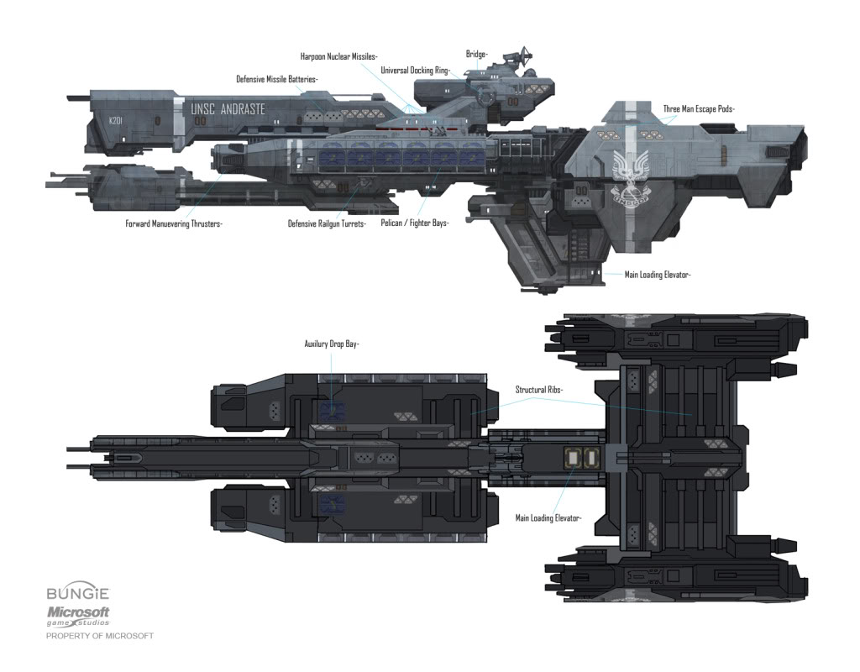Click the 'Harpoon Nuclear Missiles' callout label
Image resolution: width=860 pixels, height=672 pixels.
pyautogui.click(x=338, y=56)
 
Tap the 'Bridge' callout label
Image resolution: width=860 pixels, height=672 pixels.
pyautogui.click(x=476, y=55)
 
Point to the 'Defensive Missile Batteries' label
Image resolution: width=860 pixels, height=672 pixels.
pyautogui.click(x=276, y=79)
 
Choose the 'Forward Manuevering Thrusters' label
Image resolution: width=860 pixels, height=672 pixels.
pyautogui.click(x=179, y=223)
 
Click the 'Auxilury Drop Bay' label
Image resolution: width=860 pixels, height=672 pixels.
pyautogui.click(x=332, y=344)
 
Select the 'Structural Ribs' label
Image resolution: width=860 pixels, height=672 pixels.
pyautogui.click(x=538, y=391)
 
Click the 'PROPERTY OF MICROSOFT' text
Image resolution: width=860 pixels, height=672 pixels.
pyautogui.click(x=100, y=636)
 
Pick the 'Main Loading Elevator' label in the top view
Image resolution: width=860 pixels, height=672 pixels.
pyautogui.click(x=548, y=518)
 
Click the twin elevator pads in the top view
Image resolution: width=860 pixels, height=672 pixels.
pyautogui.click(x=579, y=458)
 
